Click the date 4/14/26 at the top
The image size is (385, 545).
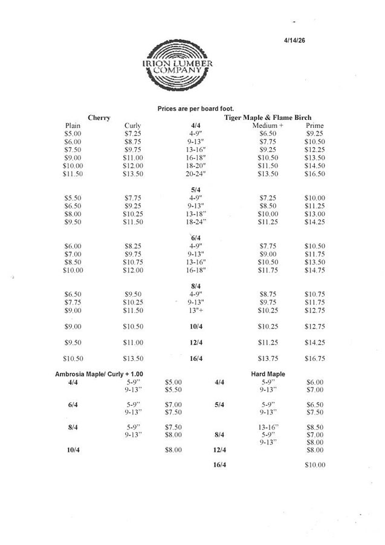coord(296,41)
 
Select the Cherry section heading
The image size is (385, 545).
coord(99,117)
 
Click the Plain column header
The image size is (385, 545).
coord(73,125)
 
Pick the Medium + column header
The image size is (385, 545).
coord(268,125)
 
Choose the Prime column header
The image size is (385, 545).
coord(315,125)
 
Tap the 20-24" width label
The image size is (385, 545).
coord(196,174)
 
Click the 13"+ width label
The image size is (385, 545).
coord(196,311)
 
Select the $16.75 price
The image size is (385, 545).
coord(315,358)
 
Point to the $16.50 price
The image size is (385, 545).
coord(315,174)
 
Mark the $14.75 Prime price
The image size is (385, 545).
coord(315,270)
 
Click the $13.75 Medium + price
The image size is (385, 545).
coord(268,358)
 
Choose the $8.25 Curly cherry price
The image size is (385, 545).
coord(133,246)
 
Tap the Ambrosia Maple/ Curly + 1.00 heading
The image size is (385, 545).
coord(103,374)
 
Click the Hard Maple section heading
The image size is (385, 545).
coord(268,374)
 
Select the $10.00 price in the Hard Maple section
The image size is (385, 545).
coord(315,465)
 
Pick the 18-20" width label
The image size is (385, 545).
coord(196,165)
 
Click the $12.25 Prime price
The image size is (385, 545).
coord(315,150)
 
